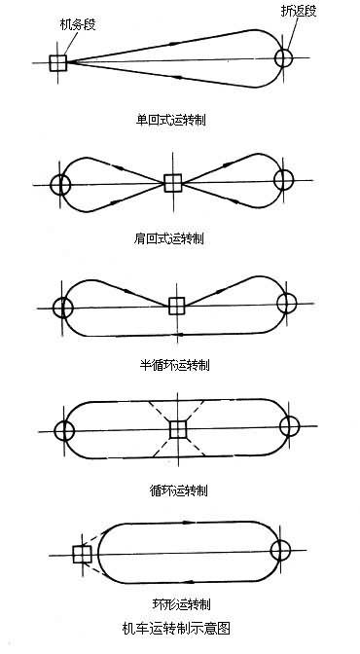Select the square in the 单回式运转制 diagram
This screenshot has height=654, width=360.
(57, 62)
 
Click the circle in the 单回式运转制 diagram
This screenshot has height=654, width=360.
(283, 58)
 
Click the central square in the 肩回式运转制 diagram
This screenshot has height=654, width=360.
(172, 182)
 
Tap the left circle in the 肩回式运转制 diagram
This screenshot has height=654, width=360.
(61, 183)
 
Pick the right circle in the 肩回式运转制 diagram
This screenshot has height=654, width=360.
(283, 180)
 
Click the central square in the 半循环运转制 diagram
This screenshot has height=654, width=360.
(176, 306)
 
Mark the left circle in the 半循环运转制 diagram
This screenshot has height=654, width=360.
(63, 308)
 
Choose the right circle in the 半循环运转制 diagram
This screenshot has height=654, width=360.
(286, 303)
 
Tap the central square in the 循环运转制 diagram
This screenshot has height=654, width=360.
(177, 429)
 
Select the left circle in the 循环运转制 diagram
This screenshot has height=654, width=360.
(64, 430)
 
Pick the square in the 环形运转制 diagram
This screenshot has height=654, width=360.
(82, 555)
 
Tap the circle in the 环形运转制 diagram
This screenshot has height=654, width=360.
(282, 553)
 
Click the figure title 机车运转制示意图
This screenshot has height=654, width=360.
(176, 628)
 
